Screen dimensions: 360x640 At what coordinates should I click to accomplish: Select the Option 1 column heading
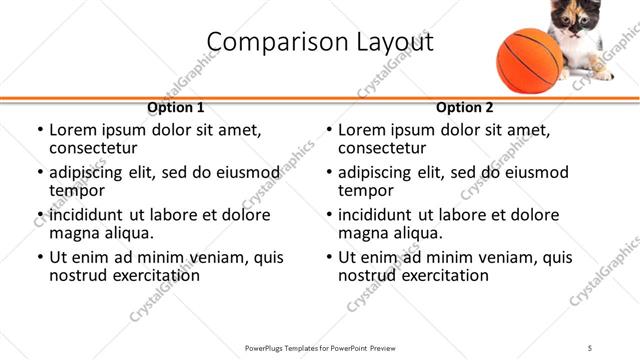(176, 108)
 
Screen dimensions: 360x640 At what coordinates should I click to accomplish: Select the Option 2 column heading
(464, 108)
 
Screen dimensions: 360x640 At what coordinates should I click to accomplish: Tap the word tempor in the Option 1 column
(77, 190)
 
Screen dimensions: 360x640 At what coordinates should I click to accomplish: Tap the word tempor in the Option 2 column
(366, 190)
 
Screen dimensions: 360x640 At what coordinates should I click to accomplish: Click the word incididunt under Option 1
(87, 215)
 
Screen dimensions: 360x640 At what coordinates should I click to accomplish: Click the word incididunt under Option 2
(376, 215)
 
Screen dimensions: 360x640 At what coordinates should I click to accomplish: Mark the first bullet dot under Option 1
(39, 130)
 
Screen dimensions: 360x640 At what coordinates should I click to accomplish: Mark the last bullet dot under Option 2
(328, 257)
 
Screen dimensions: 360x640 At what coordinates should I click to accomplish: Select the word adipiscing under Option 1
(88, 172)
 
